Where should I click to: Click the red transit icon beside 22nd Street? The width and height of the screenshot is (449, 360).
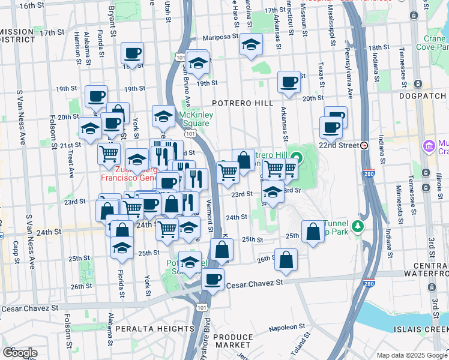click(x=364, y=145)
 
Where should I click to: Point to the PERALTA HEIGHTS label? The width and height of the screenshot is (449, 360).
click(x=146, y=329)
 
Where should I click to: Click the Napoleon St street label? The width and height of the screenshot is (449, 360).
click(x=283, y=327)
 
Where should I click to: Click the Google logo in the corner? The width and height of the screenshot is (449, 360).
click(x=20, y=353)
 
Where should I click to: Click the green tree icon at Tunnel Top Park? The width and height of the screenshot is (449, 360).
click(x=358, y=226)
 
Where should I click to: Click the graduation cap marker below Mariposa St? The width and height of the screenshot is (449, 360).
click(x=251, y=44)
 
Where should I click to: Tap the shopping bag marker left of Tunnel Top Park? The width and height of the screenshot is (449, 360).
click(x=313, y=232)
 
